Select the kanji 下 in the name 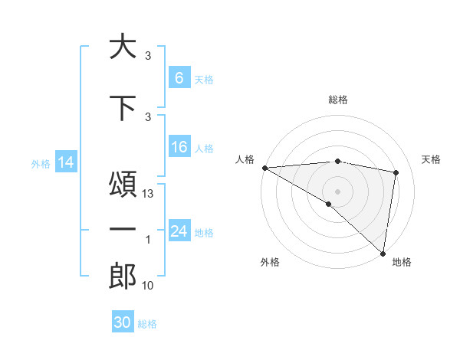coord(123,107)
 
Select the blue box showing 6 coord(179,77)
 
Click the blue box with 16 coord(179,148)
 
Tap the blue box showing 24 coord(179,232)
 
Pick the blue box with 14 coord(65,162)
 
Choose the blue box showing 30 coord(123,322)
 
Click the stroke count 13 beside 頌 coord(149,195)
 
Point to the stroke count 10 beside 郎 coord(149,286)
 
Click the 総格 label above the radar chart coord(338,100)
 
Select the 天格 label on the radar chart coord(432,159)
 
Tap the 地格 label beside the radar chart coord(402,262)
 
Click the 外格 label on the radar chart coord(270,262)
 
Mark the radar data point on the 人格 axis coord(264,168)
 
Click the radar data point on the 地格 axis coord(383,253)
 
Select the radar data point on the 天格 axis coord(396,172)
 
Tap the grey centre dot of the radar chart coord(337,191)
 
